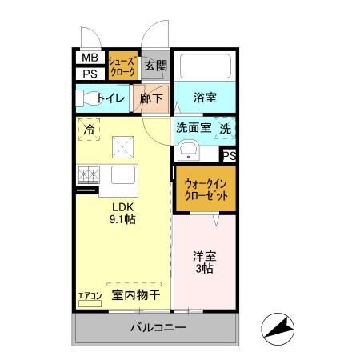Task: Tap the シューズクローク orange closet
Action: tap(122, 66)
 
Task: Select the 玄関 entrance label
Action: tap(156, 66)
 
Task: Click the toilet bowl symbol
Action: tap(86, 98)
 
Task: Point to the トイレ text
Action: tap(112, 99)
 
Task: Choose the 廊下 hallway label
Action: tap(151, 98)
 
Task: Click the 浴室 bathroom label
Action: tap(205, 98)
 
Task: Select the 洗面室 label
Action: tap(194, 128)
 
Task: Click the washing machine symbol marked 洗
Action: tap(226, 128)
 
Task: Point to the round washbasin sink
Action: tap(190, 150)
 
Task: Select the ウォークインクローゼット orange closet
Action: tap(206, 190)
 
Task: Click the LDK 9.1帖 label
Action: tap(122, 211)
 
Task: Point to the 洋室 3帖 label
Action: tap(204, 262)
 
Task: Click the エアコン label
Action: tap(89, 297)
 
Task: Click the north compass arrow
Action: tap(279, 327)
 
